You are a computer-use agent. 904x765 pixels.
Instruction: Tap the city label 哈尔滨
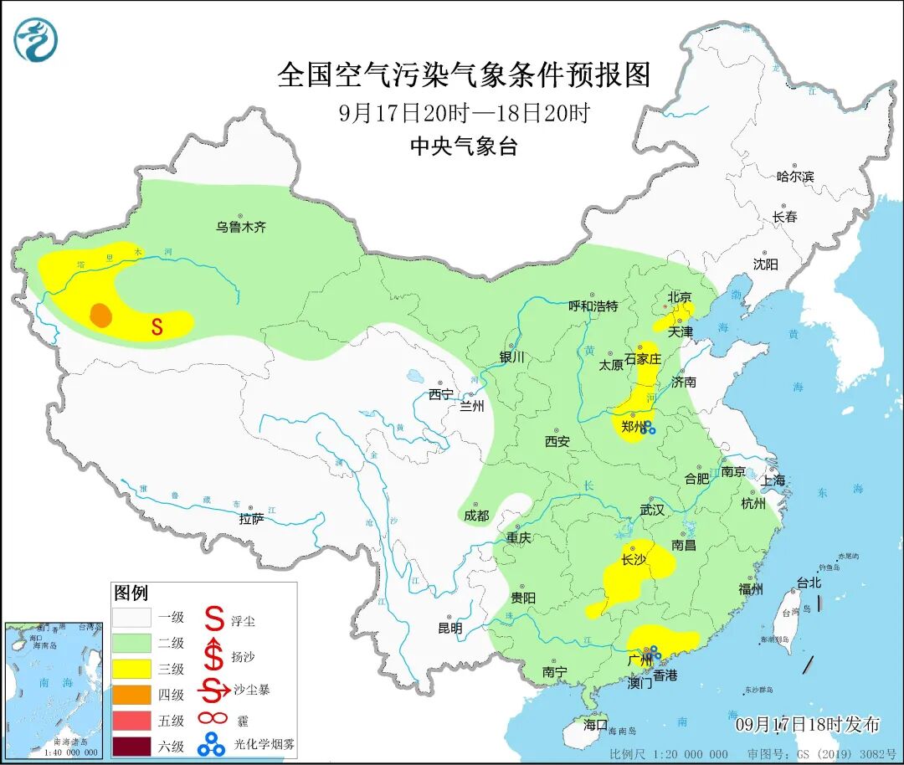794,177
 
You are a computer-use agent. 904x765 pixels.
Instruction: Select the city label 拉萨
251,519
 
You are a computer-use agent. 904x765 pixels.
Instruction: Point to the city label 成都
476,516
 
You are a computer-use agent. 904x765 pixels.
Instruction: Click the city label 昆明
449,628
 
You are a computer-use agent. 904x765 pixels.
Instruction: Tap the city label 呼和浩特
593,306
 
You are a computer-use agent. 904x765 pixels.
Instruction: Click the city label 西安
557,441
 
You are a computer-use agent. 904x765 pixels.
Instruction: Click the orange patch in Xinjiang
101,315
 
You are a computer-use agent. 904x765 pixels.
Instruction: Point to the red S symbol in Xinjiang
157,326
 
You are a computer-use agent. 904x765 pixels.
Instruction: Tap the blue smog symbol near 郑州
648,429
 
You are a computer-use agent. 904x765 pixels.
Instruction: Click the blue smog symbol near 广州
653,652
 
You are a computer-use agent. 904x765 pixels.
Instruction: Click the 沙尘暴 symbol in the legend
215,691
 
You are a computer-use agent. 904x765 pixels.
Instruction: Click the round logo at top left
36,39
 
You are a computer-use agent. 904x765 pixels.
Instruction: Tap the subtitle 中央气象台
464,147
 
